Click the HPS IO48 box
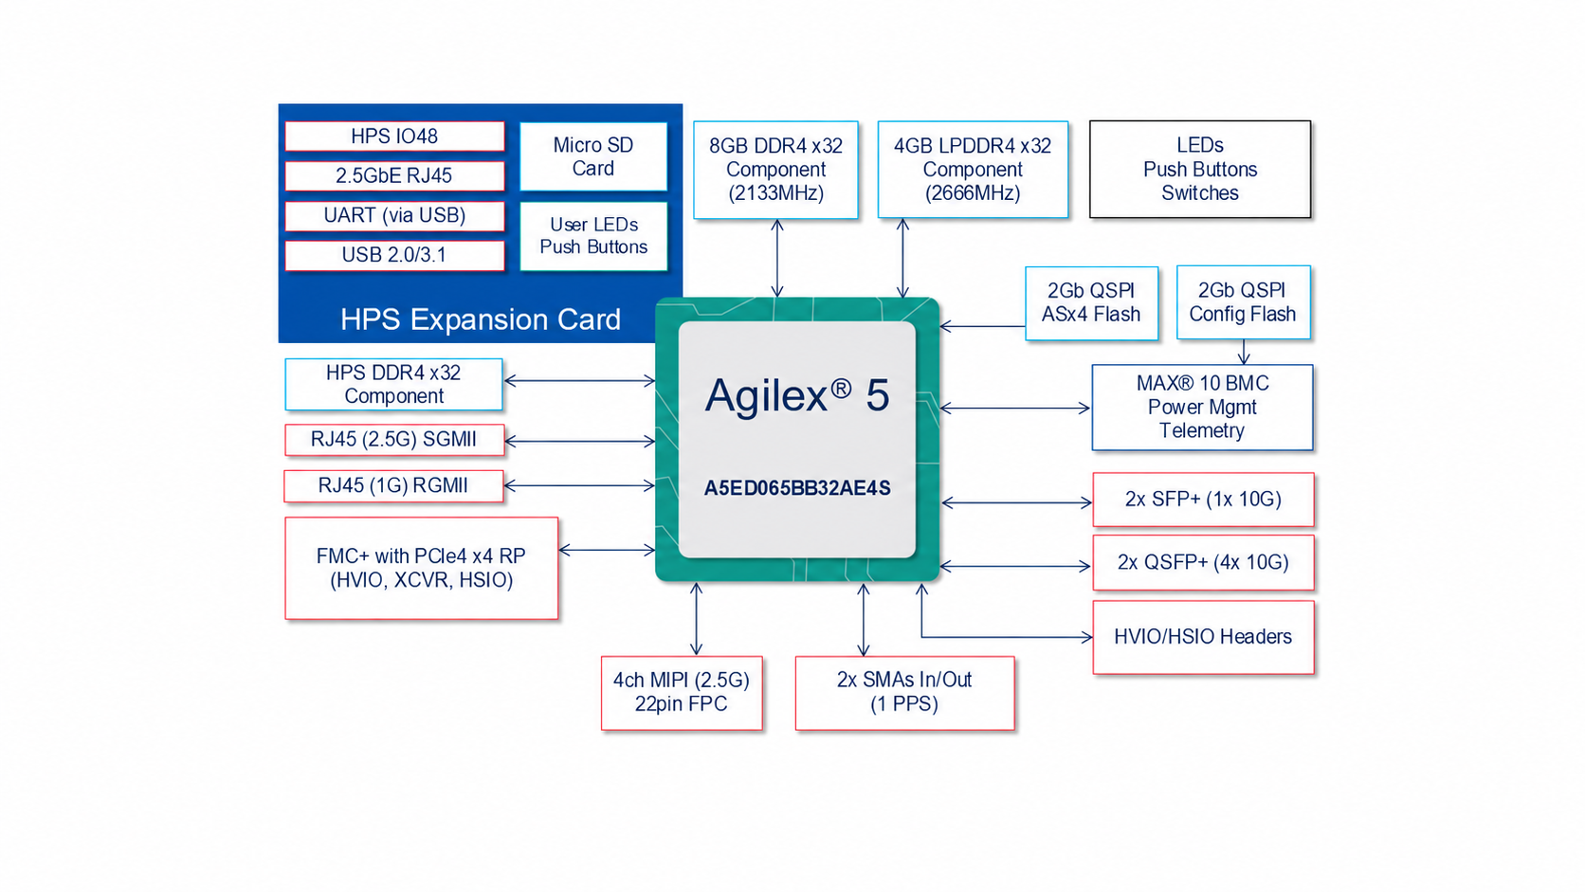[x=394, y=136]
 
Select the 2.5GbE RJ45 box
[x=394, y=175]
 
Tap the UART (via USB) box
[x=394, y=215]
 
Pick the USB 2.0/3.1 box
[x=394, y=255]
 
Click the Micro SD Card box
[x=593, y=156]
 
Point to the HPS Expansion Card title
[x=481, y=319]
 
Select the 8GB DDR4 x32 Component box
[x=775, y=169]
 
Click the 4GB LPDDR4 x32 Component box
[x=973, y=169]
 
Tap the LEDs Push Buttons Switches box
[x=1200, y=169]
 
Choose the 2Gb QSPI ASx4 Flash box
[x=1091, y=302]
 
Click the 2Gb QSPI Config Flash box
[x=1243, y=302]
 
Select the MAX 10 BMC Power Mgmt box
[x=1202, y=408]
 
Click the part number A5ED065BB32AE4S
[x=796, y=488]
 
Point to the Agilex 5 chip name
[x=796, y=394]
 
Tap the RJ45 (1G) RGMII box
[x=393, y=486]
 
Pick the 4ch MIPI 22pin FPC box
[x=682, y=693]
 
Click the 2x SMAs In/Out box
[x=904, y=693]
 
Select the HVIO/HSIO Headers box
[x=1203, y=637]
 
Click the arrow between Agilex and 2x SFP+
[x=1017, y=503]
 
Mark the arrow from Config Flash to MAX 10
[x=1244, y=352]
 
